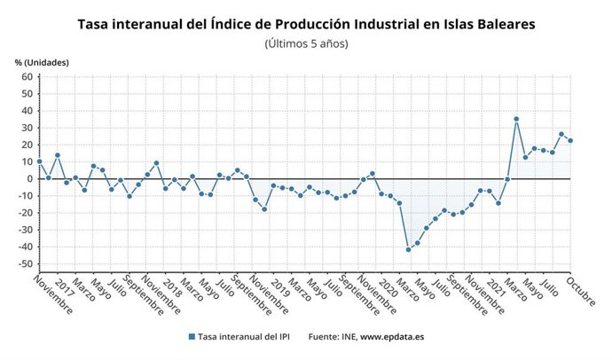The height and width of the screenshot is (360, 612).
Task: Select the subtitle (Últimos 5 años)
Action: tap(306, 43)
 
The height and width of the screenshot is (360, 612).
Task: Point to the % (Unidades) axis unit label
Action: tap(42, 63)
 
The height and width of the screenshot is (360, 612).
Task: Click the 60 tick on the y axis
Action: tap(27, 77)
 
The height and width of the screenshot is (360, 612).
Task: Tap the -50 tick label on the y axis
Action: tap(25, 264)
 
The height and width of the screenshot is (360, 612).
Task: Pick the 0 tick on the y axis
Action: tap(29, 179)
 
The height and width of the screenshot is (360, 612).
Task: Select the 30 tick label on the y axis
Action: tap(27, 128)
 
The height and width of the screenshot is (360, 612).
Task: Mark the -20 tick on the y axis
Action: tap(25, 213)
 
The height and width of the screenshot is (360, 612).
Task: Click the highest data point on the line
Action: tap(516, 119)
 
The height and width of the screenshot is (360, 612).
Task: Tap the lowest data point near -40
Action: tap(409, 249)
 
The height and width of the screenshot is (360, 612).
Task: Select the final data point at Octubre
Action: tap(570, 140)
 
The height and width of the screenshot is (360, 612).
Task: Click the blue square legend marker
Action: tap(192, 337)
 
